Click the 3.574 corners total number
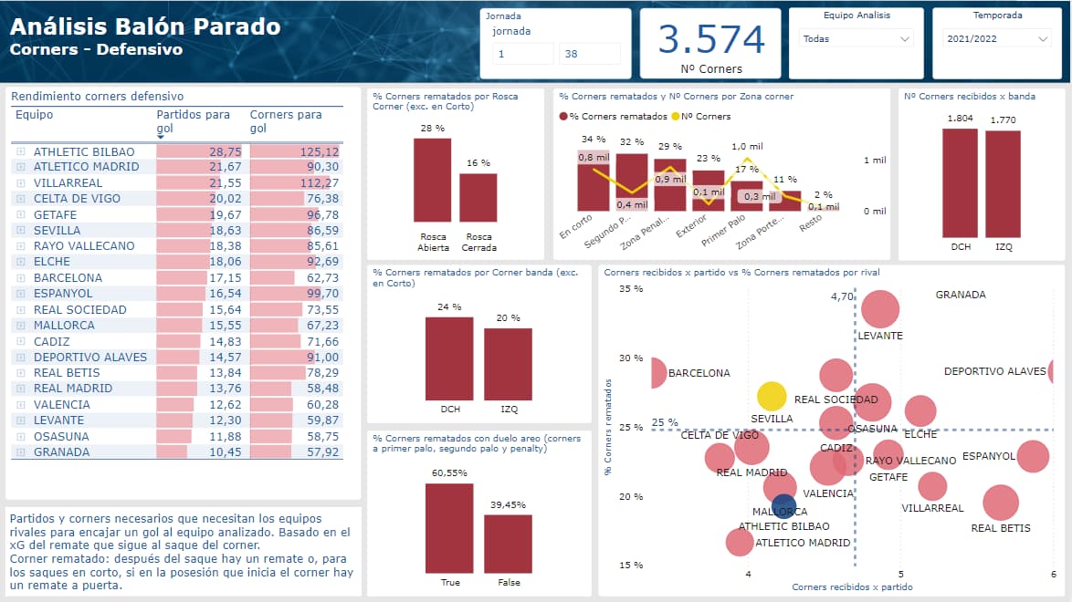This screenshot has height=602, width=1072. click(x=710, y=40)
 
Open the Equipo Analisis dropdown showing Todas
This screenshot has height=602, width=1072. click(x=856, y=39)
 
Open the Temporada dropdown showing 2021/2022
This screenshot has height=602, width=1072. click(x=997, y=39)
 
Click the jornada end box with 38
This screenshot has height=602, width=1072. click(x=589, y=55)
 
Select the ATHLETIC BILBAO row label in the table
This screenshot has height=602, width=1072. click(x=84, y=151)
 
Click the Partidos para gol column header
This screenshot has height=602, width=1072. click(x=194, y=120)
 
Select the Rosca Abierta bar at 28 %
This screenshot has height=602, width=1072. click(x=432, y=180)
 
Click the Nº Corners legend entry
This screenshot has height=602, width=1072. click(x=706, y=116)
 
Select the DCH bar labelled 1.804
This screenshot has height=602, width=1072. click(x=960, y=182)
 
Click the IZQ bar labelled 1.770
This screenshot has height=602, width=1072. click(x=1003, y=182)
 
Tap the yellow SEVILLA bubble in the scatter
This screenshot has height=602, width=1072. click(x=772, y=396)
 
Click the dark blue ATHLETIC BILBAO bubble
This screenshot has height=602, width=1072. click(x=783, y=506)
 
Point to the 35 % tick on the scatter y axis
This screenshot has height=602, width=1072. click(x=631, y=288)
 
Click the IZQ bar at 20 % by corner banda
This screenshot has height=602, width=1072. click(x=508, y=364)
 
